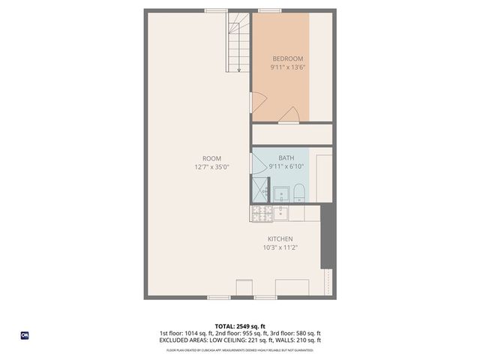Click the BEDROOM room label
287,58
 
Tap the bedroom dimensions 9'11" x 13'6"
287,67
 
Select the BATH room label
286,157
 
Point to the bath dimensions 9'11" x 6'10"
286,166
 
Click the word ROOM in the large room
211,158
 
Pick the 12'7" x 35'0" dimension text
211,167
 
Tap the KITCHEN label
277,238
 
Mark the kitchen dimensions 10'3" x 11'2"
277,247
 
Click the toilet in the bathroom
298,193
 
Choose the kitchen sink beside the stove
280,213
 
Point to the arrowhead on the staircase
238,70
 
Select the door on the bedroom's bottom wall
290,114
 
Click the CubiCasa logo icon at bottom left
24,334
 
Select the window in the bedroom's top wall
269,10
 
